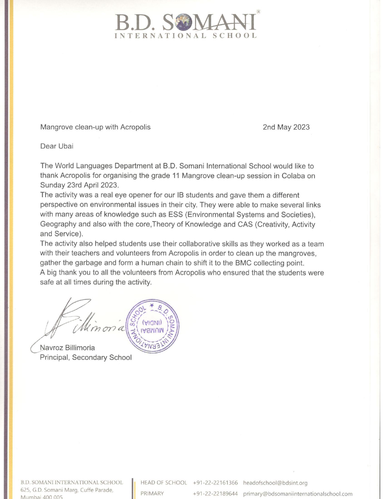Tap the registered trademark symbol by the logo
point(258,11)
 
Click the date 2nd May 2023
point(286,127)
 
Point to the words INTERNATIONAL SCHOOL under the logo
point(186,36)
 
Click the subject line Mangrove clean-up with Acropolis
point(95,127)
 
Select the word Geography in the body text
point(58,224)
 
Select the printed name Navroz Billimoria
point(68,348)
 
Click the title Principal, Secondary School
point(86,357)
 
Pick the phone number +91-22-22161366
point(215,483)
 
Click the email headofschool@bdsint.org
point(275,483)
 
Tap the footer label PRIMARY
point(152,494)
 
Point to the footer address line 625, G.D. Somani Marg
point(67,490)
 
